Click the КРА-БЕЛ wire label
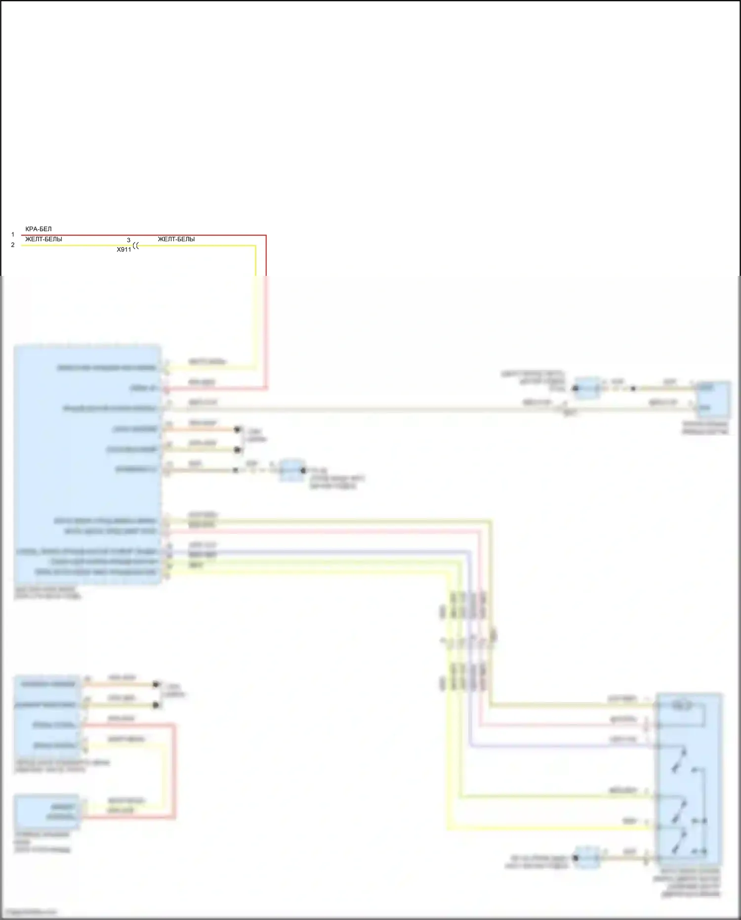point(39,229)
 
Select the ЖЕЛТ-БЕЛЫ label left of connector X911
point(43,239)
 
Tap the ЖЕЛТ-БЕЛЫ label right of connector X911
point(176,239)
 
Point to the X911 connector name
point(123,250)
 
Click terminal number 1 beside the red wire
point(13,235)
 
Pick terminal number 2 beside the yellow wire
point(13,245)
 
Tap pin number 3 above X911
point(128,240)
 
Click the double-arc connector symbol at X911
point(136,245)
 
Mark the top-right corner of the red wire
point(266,236)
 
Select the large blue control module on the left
point(87,465)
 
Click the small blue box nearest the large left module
point(291,470)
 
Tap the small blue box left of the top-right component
point(587,388)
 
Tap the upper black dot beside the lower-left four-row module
point(156,685)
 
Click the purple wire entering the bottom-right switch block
point(563,746)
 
